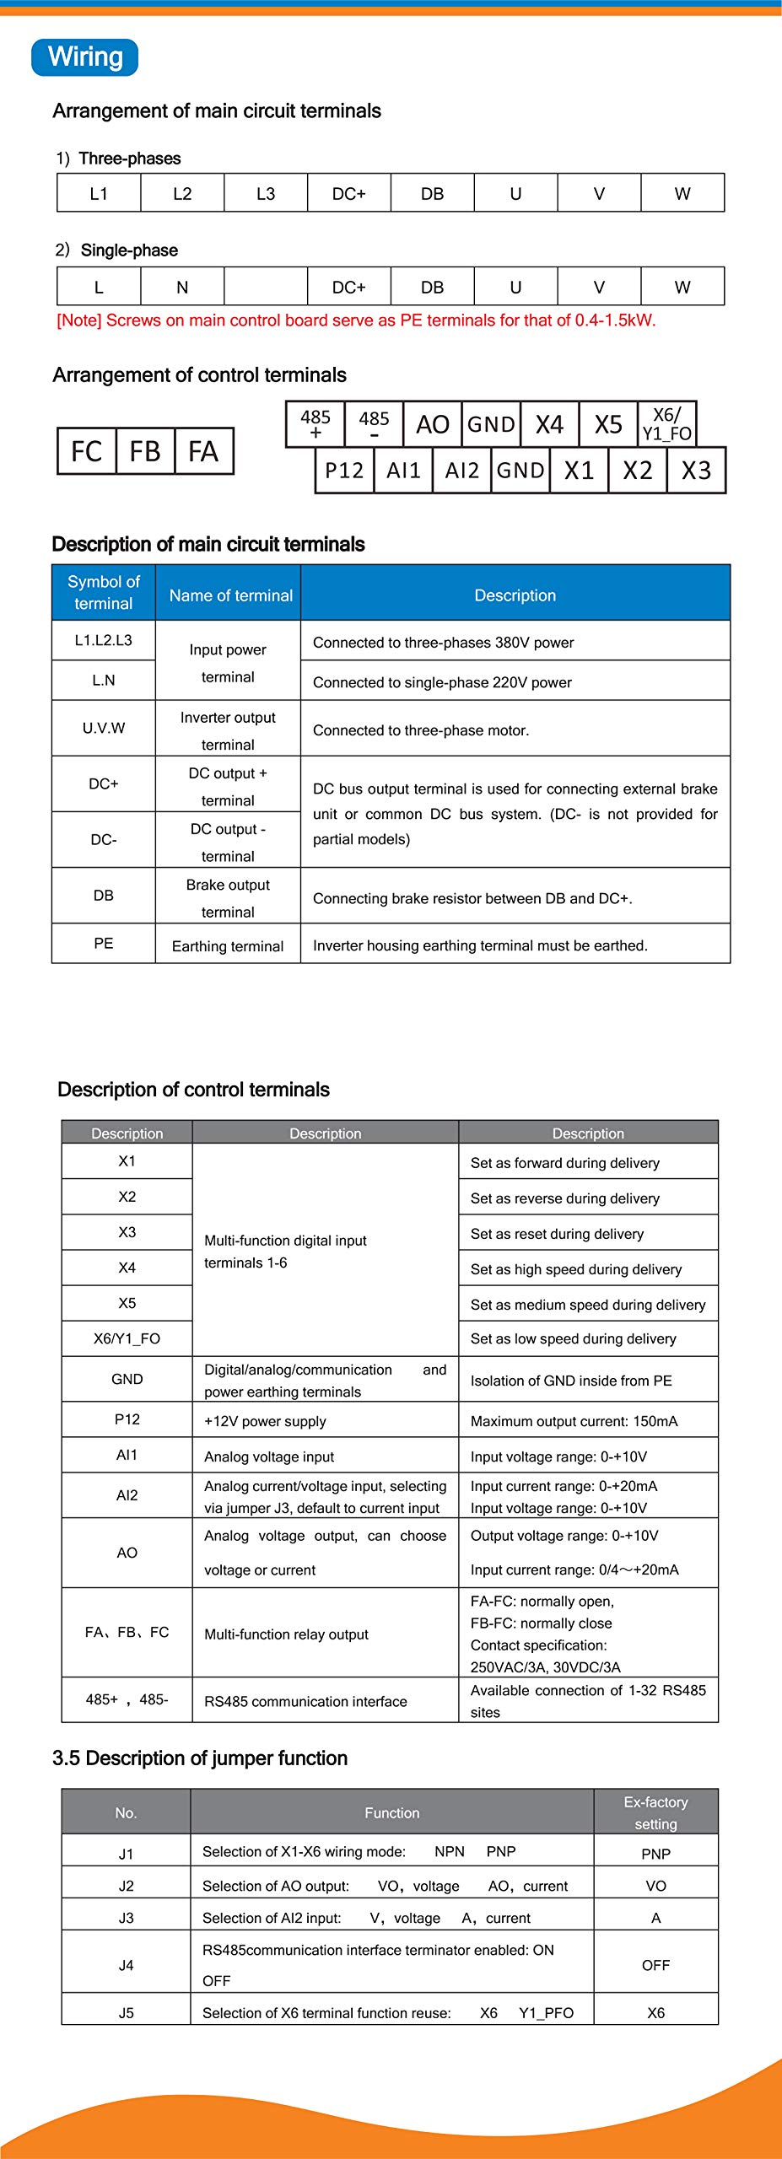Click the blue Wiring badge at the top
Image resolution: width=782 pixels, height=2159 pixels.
pos(84,57)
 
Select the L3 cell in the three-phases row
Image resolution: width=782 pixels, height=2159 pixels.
pos(266,193)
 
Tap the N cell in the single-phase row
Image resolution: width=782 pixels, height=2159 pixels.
pos(182,287)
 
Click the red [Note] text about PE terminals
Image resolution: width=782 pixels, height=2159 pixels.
pos(356,320)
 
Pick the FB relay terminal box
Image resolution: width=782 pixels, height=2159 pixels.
pos(145,451)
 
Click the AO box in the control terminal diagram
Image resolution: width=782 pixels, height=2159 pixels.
pos(433,424)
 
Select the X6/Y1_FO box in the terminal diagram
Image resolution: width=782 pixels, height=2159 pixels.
pos(666,424)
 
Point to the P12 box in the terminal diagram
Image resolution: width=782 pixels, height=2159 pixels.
pos(344,471)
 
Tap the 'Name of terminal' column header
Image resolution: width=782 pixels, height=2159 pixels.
pos(230,595)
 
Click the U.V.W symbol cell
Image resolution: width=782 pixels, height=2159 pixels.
pos(104,728)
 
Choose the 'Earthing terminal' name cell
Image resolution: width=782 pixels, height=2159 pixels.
pos(228,946)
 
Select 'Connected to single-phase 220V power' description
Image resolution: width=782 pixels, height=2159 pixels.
pos(442,682)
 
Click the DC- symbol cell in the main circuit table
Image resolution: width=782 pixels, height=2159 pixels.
pos(104,840)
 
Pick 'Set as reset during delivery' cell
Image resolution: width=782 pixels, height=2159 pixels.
pos(557,1234)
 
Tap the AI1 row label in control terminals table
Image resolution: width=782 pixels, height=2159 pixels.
pos(127,1455)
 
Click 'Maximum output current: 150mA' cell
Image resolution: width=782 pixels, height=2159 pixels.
pos(574,1421)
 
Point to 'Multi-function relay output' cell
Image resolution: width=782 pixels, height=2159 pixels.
pos(286,1634)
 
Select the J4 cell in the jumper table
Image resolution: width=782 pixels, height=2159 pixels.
pos(126,1965)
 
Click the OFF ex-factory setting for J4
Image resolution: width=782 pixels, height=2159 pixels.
pos(655,1965)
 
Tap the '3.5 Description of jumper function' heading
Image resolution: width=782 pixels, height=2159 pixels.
pos(200,1758)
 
